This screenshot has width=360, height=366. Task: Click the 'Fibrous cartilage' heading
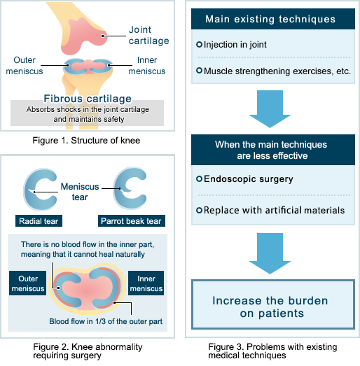tap(87, 97)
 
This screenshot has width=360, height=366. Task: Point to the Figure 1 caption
tap(88, 141)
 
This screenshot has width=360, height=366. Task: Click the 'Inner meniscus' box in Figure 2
tap(146, 281)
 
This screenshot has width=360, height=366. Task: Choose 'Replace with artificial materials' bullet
tap(274, 210)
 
